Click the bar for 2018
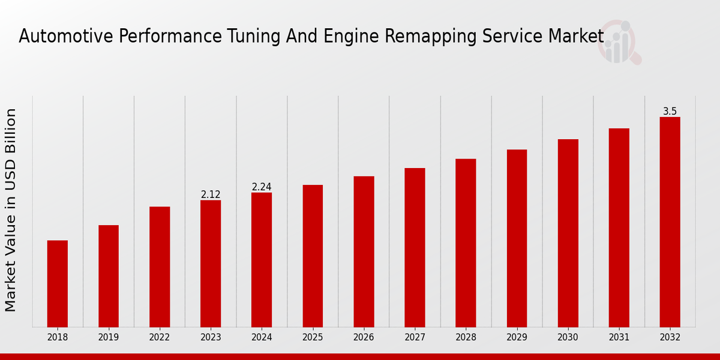pyautogui.click(x=58, y=283)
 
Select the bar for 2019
pyautogui.click(x=109, y=276)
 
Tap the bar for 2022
pyautogui.click(x=160, y=266)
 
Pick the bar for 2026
pyautogui.click(x=364, y=251)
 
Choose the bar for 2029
pyautogui.click(x=517, y=238)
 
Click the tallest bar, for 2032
pyautogui.click(x=670, y=222)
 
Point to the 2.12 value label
pyautogui.click(x=211, y=194)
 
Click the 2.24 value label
pyautogui.click(x=262, y=187)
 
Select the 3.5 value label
pyautogui.click(x=670, y=112)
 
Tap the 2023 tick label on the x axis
pyautogui.click(x=211, y=337)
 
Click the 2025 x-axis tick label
pyautogui.click(x=313, y=337)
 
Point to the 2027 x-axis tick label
pyautogui.click(x=415, y=337)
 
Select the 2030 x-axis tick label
pyautogui.click(x=568, y=337)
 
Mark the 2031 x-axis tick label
pyautogui.click(x=619, y=337)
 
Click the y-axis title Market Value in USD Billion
pyautogui.click(x=11, y=210)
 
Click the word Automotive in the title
pyautogui.click(x=66, y=37)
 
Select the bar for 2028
pyautogui.click(x=466, y=243)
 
